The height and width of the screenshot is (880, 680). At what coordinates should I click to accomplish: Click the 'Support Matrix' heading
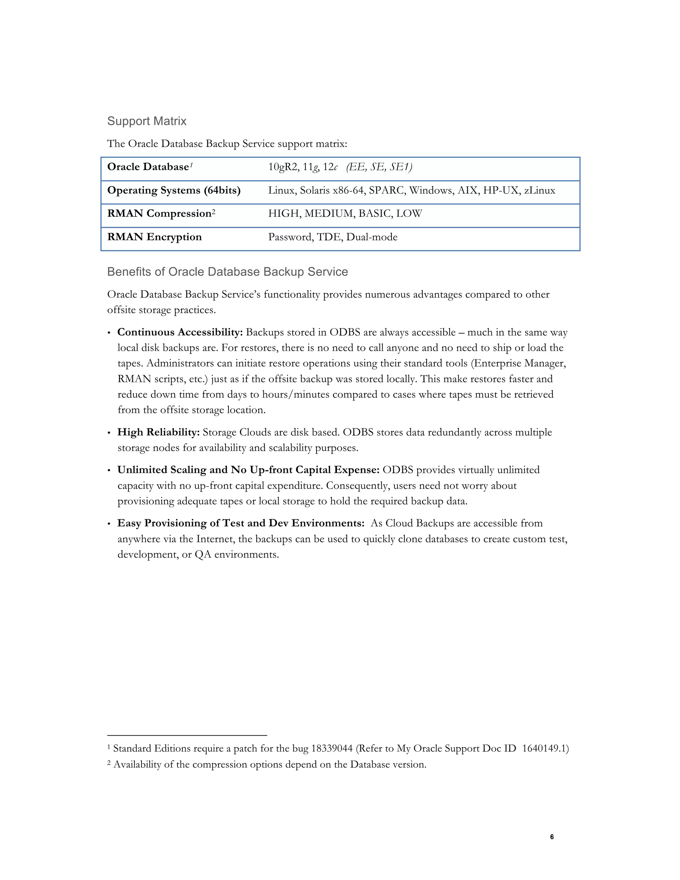click(147, 121)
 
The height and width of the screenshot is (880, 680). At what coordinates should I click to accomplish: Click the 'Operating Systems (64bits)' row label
click(174, 191)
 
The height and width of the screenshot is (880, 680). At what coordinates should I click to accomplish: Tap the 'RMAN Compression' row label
click(159, 214)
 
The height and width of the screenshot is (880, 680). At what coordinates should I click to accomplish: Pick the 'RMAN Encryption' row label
click(154, 237)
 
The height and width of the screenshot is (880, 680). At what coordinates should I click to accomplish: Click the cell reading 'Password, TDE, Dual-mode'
click(333, 237)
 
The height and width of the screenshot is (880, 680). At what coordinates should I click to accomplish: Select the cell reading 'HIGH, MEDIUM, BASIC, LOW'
click(345, 214)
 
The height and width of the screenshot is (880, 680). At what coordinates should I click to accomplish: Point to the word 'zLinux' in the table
click(540, 191)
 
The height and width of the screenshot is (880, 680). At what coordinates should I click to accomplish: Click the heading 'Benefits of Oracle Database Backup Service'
click(227, 272)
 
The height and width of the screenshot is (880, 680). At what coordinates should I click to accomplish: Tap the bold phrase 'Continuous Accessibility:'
click(180, 332)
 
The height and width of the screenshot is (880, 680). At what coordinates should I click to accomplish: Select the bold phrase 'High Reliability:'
click(158, 432)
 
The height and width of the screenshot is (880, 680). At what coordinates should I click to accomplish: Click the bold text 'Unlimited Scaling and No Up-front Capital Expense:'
click(248, 470)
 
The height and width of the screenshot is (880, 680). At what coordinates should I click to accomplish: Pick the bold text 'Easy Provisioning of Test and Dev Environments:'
click(240, 523)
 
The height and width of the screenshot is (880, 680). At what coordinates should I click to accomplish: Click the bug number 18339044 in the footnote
click(332, 748)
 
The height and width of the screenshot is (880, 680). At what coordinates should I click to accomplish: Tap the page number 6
click(552, 837)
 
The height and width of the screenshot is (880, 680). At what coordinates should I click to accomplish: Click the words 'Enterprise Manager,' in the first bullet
click(520, 363)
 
